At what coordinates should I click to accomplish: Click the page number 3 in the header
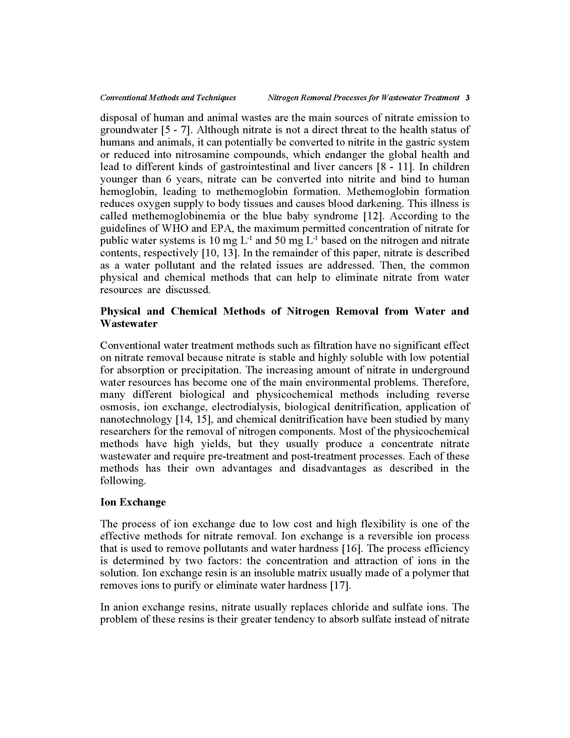(467, 98)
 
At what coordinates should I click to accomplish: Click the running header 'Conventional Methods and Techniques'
(168, 98)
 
